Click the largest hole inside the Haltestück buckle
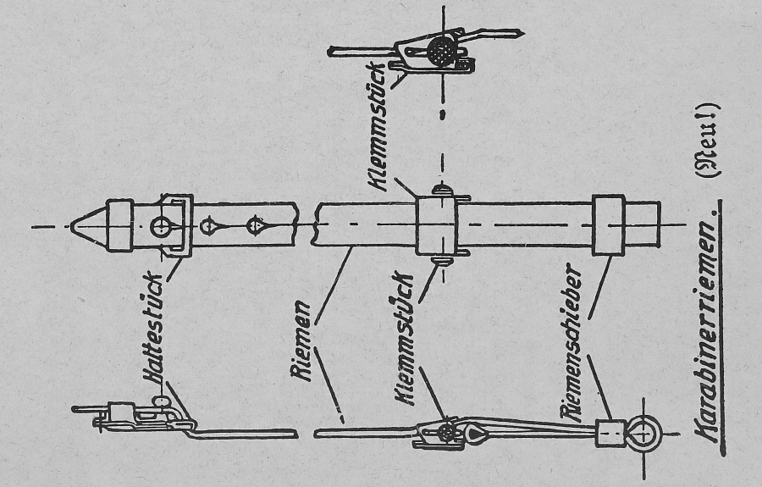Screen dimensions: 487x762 tap(161, 226)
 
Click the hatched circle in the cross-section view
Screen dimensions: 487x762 tap(440, 50)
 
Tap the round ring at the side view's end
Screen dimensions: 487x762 tap(646, 434)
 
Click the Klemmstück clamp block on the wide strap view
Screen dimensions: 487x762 tap(436, 226)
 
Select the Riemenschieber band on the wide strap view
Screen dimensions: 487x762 tap(608, 226)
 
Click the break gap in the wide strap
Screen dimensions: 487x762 tap(307, 226)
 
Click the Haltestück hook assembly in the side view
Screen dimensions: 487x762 tap(144, 415)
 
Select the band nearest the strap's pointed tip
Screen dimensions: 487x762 tap(119, 226)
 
